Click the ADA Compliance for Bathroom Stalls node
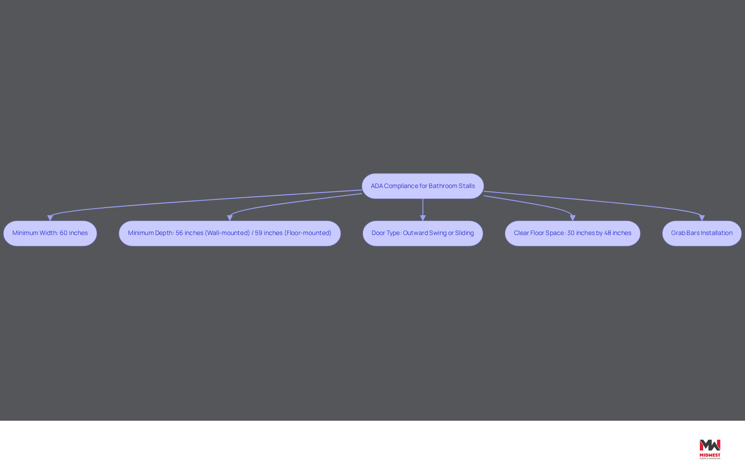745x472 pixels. (423, 186)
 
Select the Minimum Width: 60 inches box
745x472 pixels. (50, 233)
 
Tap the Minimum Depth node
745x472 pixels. (230, 233)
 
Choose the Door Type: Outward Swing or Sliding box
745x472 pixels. (423, 233)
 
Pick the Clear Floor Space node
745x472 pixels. (572, 233)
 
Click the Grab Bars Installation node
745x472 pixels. (702, 233)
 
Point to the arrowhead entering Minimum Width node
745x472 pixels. (50, 218)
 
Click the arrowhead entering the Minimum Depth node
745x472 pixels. (230, 218)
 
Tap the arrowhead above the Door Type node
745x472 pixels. (423, 218)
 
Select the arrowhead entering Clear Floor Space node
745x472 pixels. (573, 218)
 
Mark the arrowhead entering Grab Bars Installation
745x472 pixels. (702, 218)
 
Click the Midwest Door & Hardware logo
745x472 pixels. (710, 449)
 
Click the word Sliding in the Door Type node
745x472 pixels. (464, 233)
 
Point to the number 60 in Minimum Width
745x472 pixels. (64, 233)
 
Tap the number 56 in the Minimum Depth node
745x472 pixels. (179, 233)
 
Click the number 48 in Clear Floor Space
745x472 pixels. (608, 233)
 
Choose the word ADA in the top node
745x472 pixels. (377, 186)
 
